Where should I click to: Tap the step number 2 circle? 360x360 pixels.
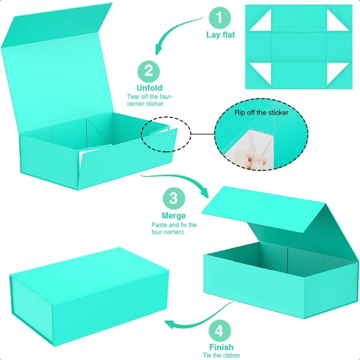(x=149, y=72)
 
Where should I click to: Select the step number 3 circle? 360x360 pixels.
(x=173, y=198)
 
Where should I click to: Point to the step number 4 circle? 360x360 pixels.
(x=219, y=331)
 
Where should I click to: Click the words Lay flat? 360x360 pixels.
(x=220, y=35)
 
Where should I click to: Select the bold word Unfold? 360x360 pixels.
(x=149, y=88)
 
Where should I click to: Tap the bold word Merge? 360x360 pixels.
(x=174, y=216)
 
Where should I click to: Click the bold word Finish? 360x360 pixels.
(x=221, y=347)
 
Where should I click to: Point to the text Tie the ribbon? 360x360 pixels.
(x=221, y=355)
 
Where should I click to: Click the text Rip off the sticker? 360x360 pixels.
(x=261, y=113)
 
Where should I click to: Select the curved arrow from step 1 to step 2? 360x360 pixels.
(x=176, y=34)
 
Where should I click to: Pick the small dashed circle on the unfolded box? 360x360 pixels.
(x=165, y=135)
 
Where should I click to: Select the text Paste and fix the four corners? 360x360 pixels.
(x=174, y=228)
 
